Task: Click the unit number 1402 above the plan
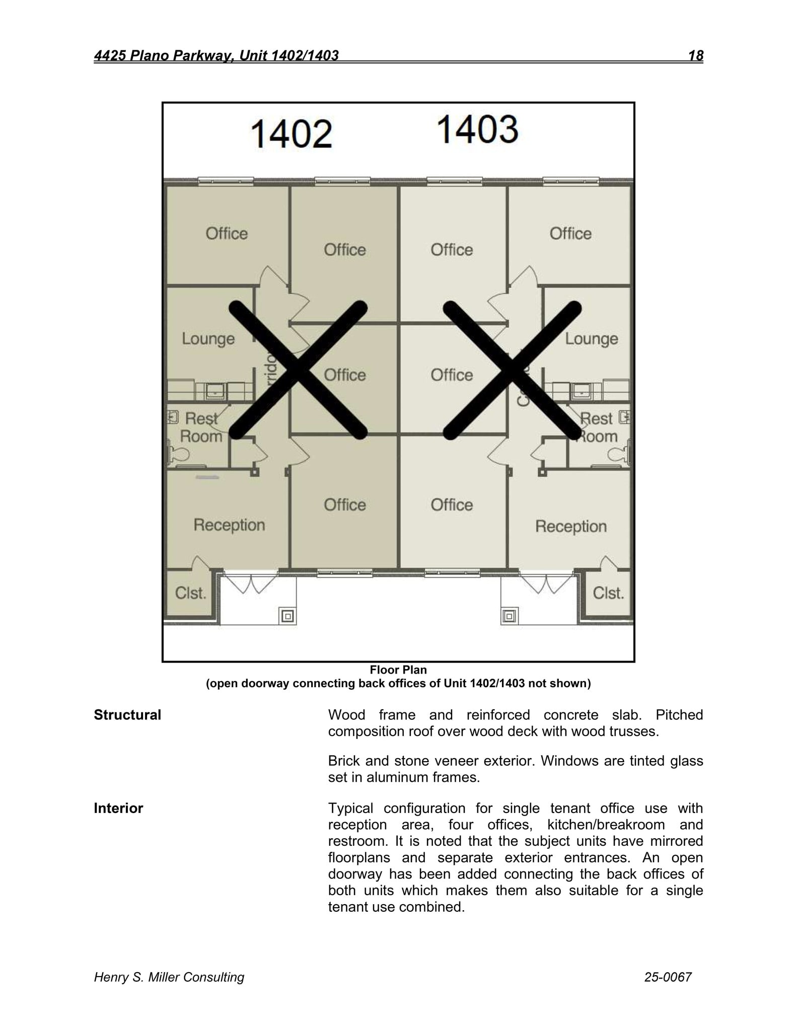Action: (x=291, y=134)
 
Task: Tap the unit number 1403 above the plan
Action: (x=477, y=129)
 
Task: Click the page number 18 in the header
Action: (x=695, y=55)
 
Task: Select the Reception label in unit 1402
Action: (x=229, y=525)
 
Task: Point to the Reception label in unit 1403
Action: (x=570, y=527)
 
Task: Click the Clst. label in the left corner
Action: (x=190, y=593)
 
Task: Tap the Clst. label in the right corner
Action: (x=608, y=593)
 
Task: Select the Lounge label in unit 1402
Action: (x=208, y=339)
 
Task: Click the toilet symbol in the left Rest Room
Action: (x=178, y=455)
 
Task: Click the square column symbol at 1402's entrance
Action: (x=288, y=616)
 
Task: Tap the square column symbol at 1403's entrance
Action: (x=510, y=616)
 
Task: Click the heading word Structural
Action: (x=127, y=715)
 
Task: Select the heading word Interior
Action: (x=118, y=808)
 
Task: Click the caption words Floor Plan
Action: (x=398, y=670)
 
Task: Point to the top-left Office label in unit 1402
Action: (x=227, y=234)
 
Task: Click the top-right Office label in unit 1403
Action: (x=570, y=234)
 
